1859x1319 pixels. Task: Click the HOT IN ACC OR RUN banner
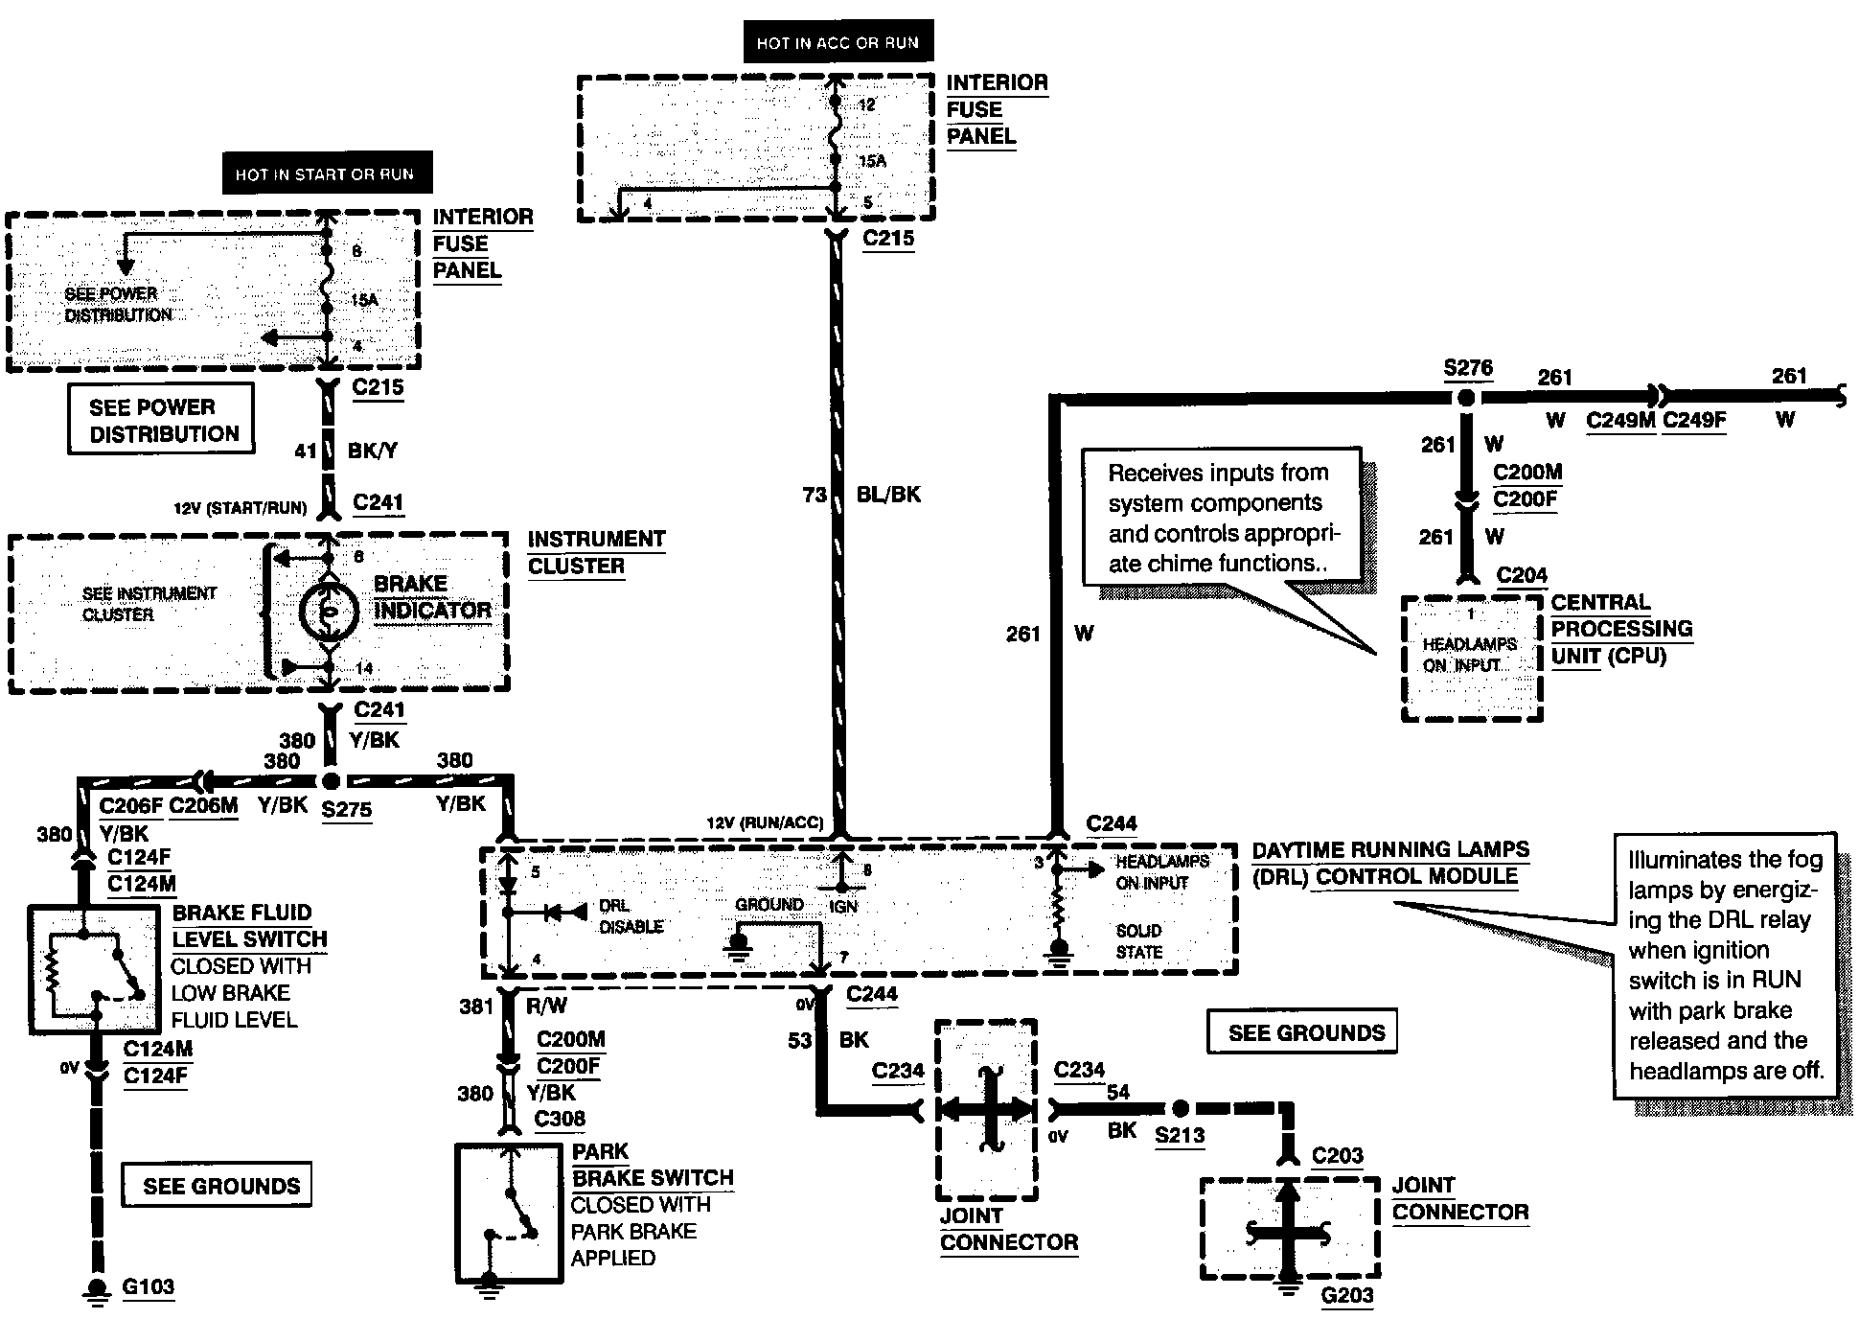click(x=838, y=42)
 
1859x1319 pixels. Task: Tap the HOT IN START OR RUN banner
click(x=325, y=174)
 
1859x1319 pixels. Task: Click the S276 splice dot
click(x=1465, y=397)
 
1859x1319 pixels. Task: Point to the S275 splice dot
click(x=331, y=780)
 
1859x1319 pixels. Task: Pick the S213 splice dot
click(x=1181, y=1109)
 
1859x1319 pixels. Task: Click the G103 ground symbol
click(x=96, y=1289)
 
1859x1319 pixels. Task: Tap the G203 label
click(x=1347, y=1296)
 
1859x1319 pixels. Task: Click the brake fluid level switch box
click(x=93, y=969)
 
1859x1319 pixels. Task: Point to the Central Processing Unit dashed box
click(x=1472, y=659)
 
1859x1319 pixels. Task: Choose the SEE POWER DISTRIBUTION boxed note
click(x=161, y=419)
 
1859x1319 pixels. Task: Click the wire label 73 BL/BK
click(x=861, y=495)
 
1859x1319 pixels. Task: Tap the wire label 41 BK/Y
click(x=346, y=450)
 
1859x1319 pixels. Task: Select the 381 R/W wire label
click(x=514, y=1006)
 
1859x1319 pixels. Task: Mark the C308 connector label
click(x=560, y=1119)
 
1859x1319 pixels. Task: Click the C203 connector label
click(x=1337, y=1155)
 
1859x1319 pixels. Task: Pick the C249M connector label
click(x=1620, y=420)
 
